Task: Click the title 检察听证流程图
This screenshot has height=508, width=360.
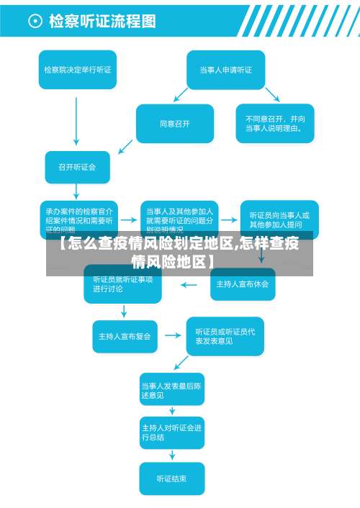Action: pos(102,22)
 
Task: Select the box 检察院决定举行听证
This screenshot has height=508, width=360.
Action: pos(77,70)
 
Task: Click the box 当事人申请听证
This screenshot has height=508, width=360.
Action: pos(225,70)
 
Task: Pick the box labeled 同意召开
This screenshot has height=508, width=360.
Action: pos(175,124)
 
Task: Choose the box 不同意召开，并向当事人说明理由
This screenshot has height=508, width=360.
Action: pos(275,124)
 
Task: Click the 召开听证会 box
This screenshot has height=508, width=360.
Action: pos(77,167)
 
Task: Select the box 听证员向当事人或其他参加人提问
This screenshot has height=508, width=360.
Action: pos(279,219)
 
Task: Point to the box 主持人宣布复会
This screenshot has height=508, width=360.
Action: pos(125,335)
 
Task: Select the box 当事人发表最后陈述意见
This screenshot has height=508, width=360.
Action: pos(171,390)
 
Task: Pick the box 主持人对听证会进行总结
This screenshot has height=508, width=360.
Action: pos(171,432)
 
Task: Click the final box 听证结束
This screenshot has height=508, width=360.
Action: pos(171,478)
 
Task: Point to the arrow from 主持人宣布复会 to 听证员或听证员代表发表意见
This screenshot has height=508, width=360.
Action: pos(172,335)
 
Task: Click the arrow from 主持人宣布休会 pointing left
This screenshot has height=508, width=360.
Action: pos(189,284)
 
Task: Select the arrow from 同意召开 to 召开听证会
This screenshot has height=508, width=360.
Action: pos(125,146)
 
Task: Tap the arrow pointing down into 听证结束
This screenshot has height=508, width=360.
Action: pos(171,455)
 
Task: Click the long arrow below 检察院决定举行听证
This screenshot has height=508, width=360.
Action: pos(77,119)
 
